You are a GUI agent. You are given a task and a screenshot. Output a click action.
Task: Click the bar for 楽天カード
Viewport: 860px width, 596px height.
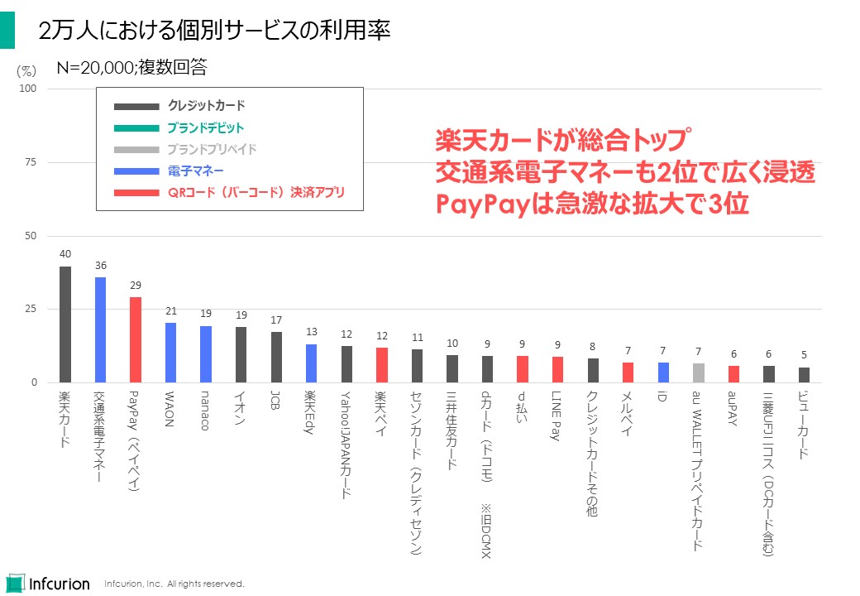coord(65,324)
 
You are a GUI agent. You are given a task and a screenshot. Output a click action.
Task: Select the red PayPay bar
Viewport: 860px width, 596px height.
coord(136,339)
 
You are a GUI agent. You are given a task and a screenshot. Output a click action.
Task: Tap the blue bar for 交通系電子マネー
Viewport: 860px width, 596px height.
coord(100,329)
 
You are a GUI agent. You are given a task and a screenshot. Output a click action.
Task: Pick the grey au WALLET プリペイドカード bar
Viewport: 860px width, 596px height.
coord(699,372)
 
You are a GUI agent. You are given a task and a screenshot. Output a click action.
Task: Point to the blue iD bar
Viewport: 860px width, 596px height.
coord(663,372)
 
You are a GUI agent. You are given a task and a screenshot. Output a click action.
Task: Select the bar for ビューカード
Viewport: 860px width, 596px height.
coord(804,375)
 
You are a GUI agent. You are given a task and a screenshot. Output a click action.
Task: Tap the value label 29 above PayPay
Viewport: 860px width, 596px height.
coord(136,285)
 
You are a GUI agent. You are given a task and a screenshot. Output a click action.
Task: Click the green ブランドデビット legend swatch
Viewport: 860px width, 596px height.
coord(136,128)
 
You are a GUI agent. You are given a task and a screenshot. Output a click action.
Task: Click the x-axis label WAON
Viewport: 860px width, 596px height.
coord(170,411)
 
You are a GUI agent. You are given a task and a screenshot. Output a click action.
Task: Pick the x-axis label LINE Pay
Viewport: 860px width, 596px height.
coord(557,416)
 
